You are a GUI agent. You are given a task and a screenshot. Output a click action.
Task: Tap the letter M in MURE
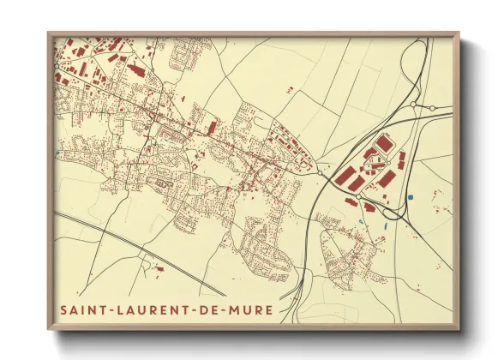tap(233, 309)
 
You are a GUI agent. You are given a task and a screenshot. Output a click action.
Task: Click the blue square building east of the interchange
tap(411, 198)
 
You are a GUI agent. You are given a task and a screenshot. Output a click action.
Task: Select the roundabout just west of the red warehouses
tap(321, 172)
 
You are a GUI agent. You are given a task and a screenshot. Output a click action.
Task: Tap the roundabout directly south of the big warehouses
tap(358, 196)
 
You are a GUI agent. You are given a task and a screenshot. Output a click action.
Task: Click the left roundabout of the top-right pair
tap(413, 105)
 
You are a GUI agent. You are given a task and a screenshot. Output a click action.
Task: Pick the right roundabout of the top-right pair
tap(432, 108)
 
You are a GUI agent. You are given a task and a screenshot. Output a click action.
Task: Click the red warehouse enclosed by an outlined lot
tap(382, 142)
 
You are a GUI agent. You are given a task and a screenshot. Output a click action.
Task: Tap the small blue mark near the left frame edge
tap(57, 153)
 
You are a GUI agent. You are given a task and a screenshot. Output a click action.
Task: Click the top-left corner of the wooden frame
tap(50, 34)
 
